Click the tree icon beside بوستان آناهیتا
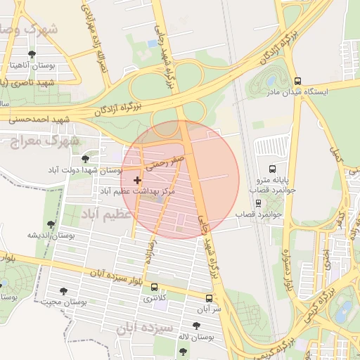click(32, 54)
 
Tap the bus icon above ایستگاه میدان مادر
click(298, 81)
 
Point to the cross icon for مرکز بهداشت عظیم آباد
click(136, 181)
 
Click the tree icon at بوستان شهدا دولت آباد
click(85, 159)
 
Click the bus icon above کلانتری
click(155, 287)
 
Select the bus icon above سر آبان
click(208, 298)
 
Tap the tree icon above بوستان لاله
click(196, 326)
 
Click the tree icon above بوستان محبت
click(64, 290)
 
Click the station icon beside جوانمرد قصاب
click(259, 203)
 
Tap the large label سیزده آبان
click(145, 328)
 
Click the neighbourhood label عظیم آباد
click(106, 212)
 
